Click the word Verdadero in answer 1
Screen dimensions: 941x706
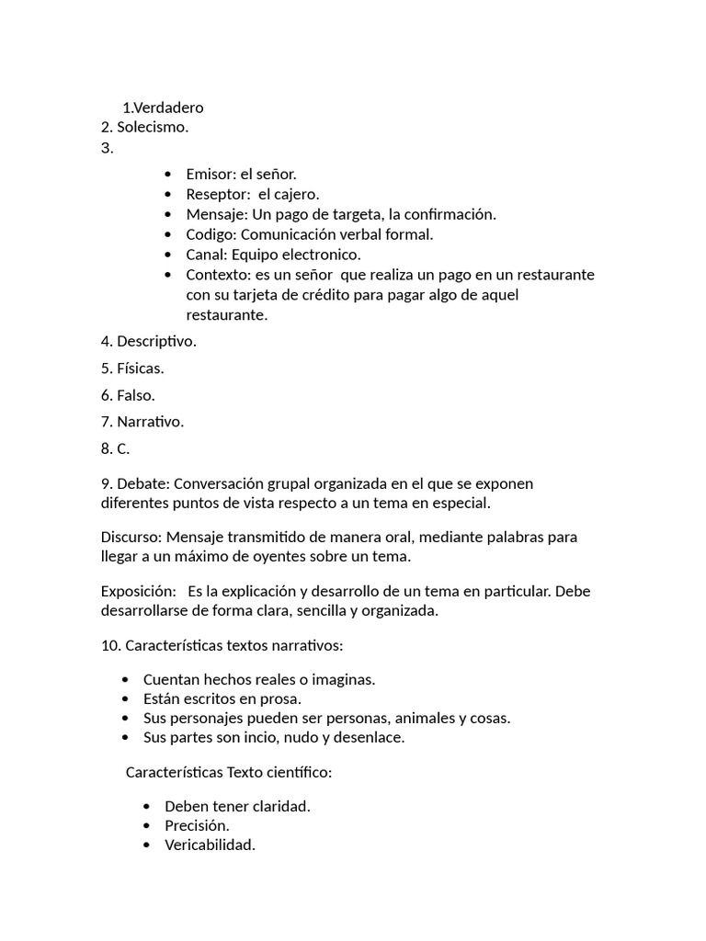(x=169, y=108)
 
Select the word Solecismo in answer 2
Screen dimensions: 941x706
(x=152, y=127)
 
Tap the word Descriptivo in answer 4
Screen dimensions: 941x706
(x=156, y=342)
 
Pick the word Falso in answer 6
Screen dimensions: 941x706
(x=135, y=395)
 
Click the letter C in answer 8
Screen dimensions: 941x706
(x=122, y=448)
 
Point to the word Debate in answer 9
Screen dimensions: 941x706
(x=142, y=483)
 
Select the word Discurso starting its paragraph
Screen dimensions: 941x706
(x=131, y=537)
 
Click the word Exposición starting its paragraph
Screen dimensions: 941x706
(x=137, y=591)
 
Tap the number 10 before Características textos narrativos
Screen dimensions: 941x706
(x=108, y=645)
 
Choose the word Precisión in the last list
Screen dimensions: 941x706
(x=197, y=825)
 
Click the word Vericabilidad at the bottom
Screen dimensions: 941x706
(x=210, y=845)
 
